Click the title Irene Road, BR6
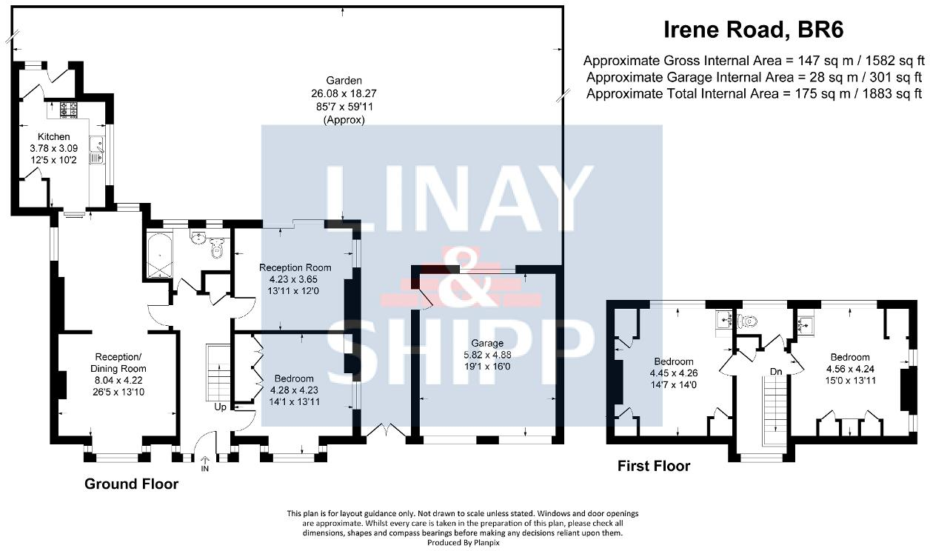(x=752, y=30)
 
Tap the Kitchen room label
(x=54, y=137)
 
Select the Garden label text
(x=343, y=81)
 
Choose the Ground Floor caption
(x=131, y=484)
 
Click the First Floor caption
(x=654, y=466)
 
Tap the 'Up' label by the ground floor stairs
(x=221, y=407)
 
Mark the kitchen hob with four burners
(x=69, y=110)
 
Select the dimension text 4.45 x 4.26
(x=673, y=373)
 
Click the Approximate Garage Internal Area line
(x=753, y=77)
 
